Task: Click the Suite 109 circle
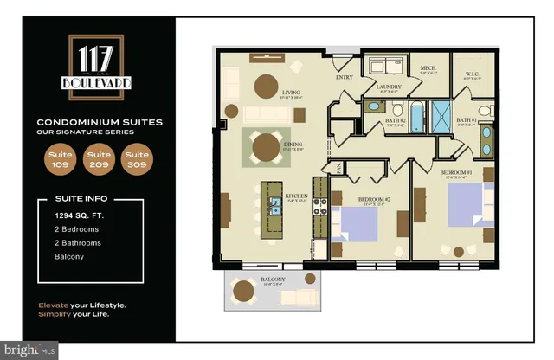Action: tap(59, 161)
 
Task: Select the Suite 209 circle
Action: tap(97, 161)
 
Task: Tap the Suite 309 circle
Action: tap(135, 161)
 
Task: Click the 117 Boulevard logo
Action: tap(96, 67)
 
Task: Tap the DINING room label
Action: tap(292, 145)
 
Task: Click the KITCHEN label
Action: tap(297, 196)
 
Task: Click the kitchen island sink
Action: tap(275, 205)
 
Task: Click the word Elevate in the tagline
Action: tap(53, 305)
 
